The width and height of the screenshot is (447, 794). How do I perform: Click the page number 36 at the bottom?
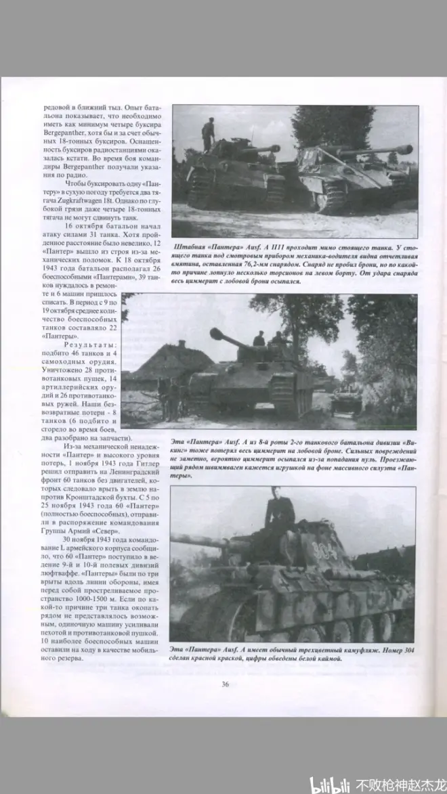point(225,684)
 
